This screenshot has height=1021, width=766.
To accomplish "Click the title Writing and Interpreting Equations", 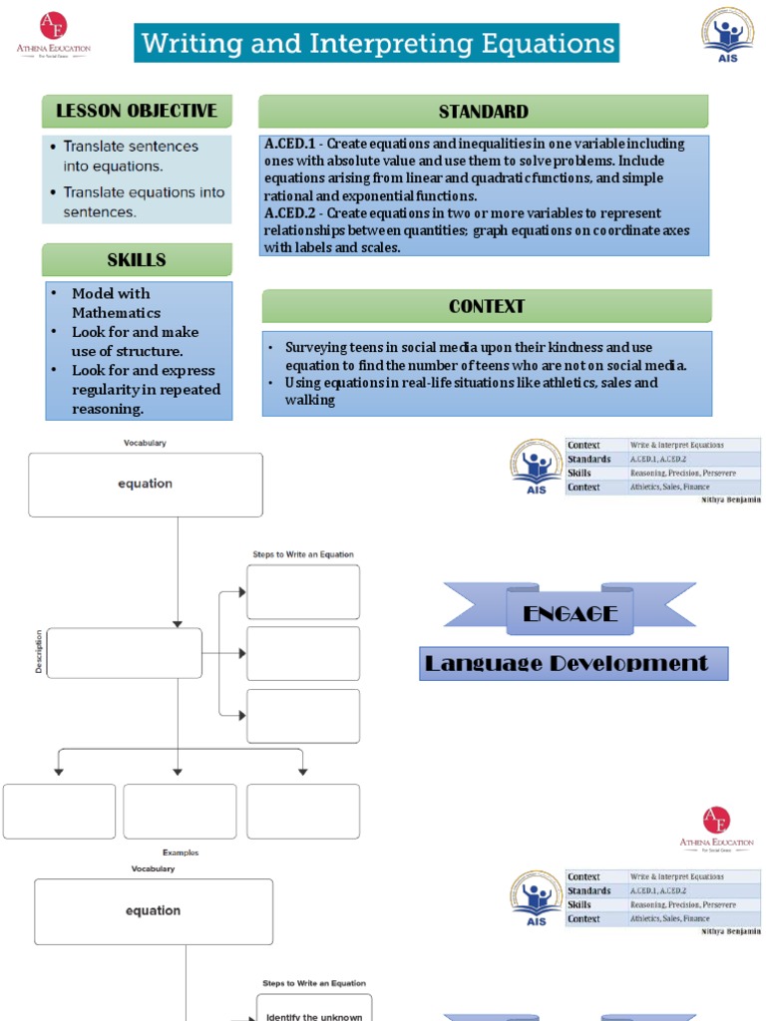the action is point(377,44).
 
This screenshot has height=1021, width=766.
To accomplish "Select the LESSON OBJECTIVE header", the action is point(137,111).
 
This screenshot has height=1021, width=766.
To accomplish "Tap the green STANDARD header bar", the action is point(483,112).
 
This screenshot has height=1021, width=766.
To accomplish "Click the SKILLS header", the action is point(137,260).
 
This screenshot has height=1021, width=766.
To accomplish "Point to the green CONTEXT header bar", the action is point(487,306).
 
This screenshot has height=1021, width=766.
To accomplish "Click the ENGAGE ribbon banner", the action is point(570,613).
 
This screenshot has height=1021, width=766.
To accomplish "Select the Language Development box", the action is point(574,664).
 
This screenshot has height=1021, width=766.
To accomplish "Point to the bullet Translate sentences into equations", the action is point(131,156).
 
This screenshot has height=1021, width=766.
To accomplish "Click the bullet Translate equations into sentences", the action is point(144,201).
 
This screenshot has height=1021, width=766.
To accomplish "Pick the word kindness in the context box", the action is point(575,347).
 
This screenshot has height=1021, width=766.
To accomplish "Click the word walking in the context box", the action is point(309,400).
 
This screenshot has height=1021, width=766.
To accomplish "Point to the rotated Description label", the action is point(39,651).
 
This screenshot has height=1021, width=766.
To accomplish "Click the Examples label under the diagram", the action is point(181,852).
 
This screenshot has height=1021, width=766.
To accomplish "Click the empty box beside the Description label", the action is point(124,653).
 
